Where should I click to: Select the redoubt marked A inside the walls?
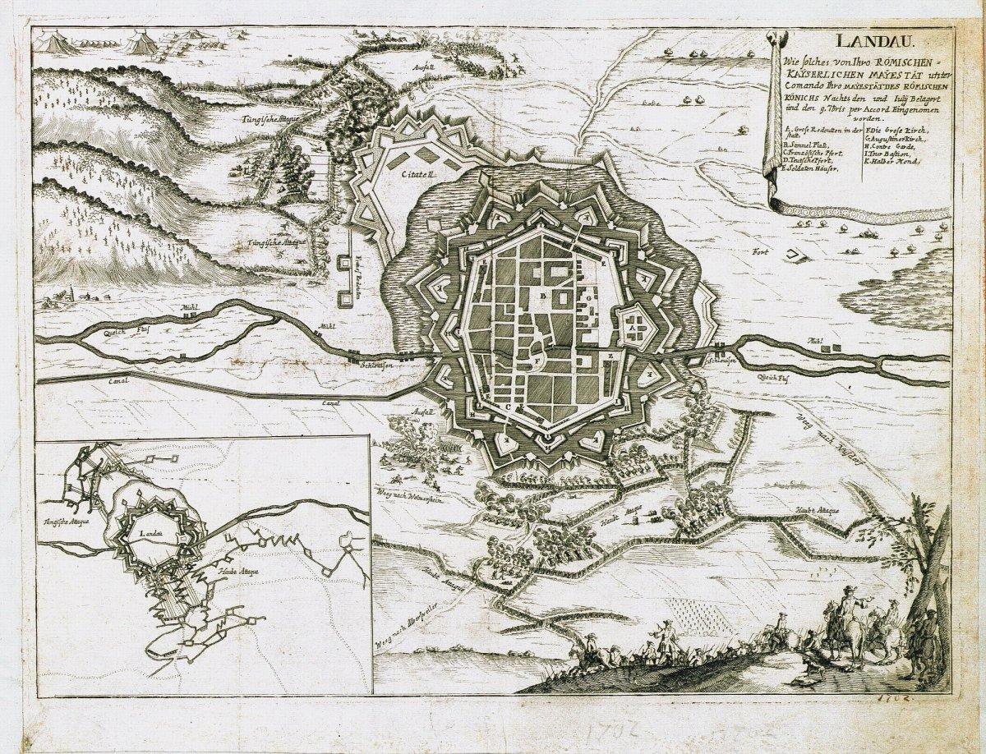632,326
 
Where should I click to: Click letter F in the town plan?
539,361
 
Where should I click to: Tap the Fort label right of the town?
758,252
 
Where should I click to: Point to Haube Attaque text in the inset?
239,569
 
